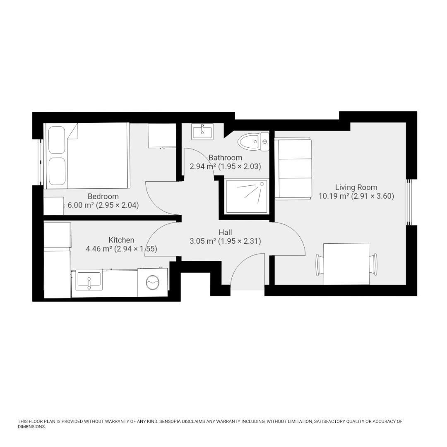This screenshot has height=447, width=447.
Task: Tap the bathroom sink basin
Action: (x=202, y=132)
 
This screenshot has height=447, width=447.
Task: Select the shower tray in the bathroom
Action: (x=246, y=197)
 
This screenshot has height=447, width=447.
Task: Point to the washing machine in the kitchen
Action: (x=152, y=283)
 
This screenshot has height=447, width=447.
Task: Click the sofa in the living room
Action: (x=293, y=169)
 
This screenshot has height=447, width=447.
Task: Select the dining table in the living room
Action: (x=346, y=264)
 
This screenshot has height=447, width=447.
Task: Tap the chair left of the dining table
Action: (x=320, y=264)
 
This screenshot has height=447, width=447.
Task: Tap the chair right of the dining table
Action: (x=374, y=264)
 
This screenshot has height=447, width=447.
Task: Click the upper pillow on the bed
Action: (x=57, y=140)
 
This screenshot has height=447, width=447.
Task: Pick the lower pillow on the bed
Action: (x=57, y=171)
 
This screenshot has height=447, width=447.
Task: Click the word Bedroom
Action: (x=103, y=197)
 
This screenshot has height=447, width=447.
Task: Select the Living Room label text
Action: (x=356, y=187)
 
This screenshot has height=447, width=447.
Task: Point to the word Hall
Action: (x=225, y=233)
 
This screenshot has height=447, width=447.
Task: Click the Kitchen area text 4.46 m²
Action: (x=99, y=249)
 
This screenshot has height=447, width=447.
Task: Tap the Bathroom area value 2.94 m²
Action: (x=202, y=167)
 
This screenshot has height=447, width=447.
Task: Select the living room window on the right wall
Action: (x=408, y=202)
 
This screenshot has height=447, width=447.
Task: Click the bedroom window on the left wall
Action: (x=40, y=162)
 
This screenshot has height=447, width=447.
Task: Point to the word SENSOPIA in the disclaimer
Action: (x=174, y=421)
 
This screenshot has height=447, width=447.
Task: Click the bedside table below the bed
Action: (x=53, y=206)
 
